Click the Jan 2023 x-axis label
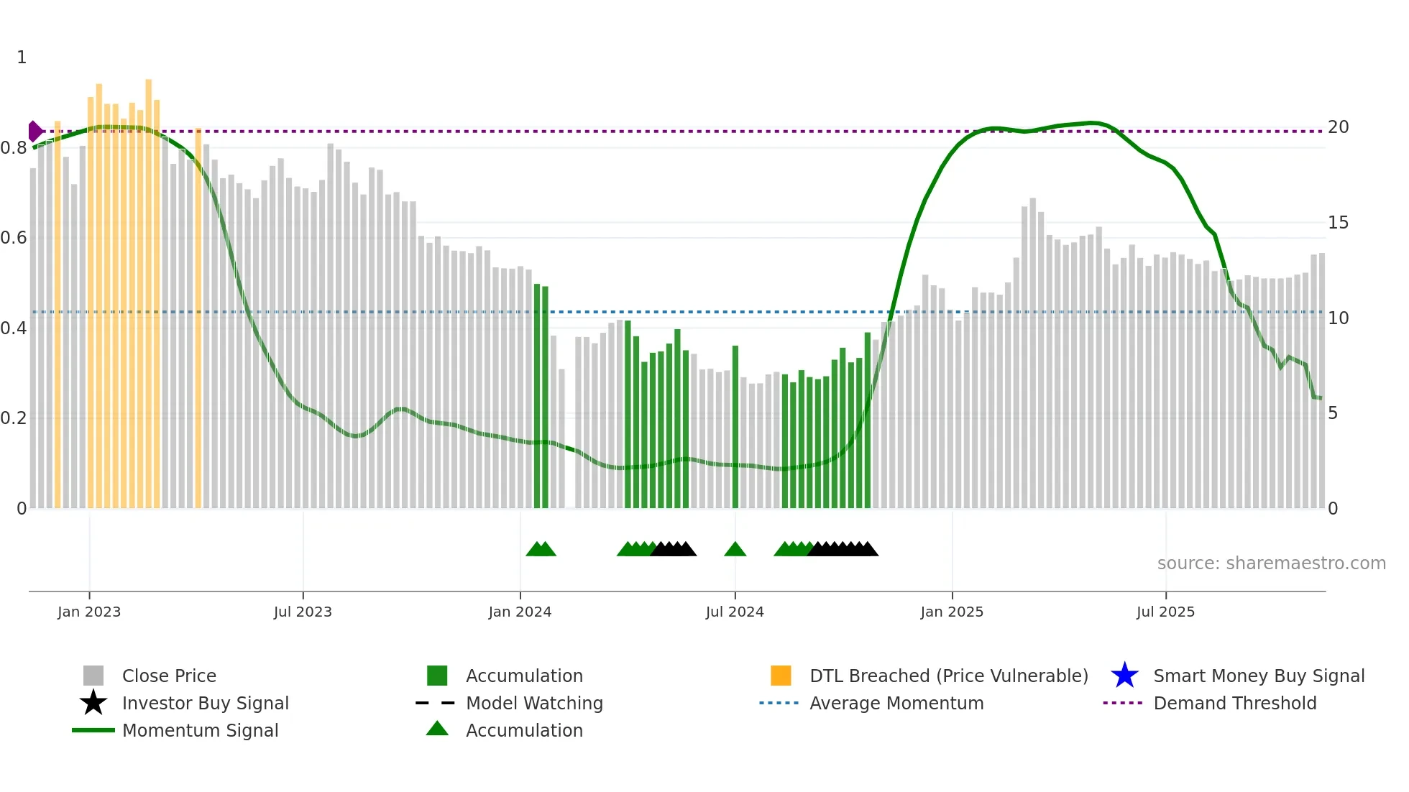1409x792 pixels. tap(89, 612)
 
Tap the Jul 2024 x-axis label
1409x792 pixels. tap(735, 612)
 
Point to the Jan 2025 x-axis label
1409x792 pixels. tap(952, 612)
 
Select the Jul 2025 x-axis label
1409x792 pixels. tap(1165, 612)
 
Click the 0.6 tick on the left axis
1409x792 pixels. tap(14, 238)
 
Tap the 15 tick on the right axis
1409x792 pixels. tap(1338, 223)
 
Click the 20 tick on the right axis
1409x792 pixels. tap(1338, 127)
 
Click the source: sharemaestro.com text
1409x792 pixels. tap(1271, 563)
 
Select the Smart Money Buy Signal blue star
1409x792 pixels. tap(1124, 676)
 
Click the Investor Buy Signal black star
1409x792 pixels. tap(93, 703)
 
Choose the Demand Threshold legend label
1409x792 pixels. tap(1234, 703)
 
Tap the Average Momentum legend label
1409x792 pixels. tap(896, 703)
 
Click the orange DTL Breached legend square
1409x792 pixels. tap(781, 676)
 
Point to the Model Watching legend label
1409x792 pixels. tap(534, 703)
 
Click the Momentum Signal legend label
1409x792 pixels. tap(200, 730)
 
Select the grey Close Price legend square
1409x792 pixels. tap(93, 676)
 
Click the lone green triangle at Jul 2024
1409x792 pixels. tap(735, 550)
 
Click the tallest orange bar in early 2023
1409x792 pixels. tap(149, 287)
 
